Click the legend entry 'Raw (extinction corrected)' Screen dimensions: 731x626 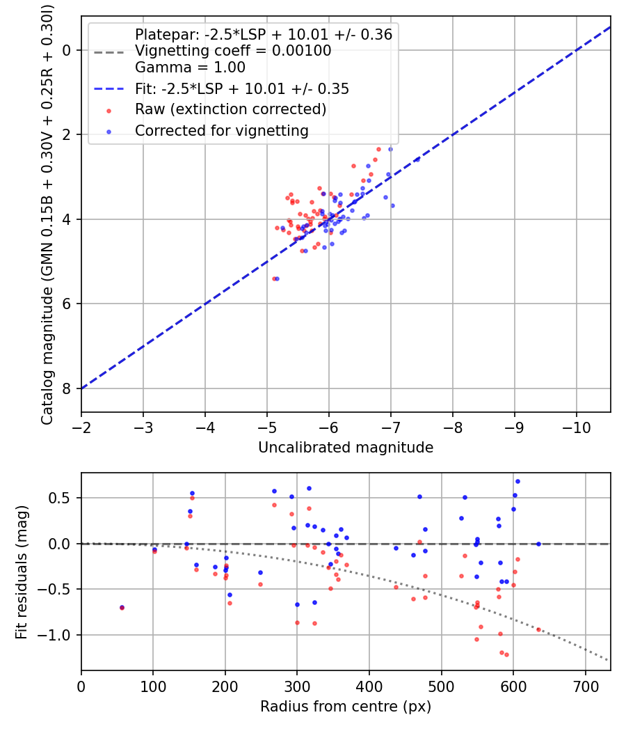[x=230, y=109]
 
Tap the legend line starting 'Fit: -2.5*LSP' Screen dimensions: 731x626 [x=242, y=88]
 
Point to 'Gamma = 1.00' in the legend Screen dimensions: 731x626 [x=190, y=68]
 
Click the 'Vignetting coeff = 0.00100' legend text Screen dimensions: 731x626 [x=233, y=51]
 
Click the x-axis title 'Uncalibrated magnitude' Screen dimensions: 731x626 [x=346, y=448]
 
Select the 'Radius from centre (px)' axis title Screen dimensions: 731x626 [x=346, y=707]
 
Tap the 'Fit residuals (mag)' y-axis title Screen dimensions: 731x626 [x=22, y=572]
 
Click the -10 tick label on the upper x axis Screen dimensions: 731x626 [x=577, y=426]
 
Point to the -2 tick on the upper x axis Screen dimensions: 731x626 [x=81, y=426]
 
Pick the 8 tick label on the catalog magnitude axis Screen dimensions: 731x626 [x=67, y=388]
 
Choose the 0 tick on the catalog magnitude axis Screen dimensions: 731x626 [x=67, y=50]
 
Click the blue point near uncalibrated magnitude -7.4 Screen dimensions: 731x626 [x=417, y=159]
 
